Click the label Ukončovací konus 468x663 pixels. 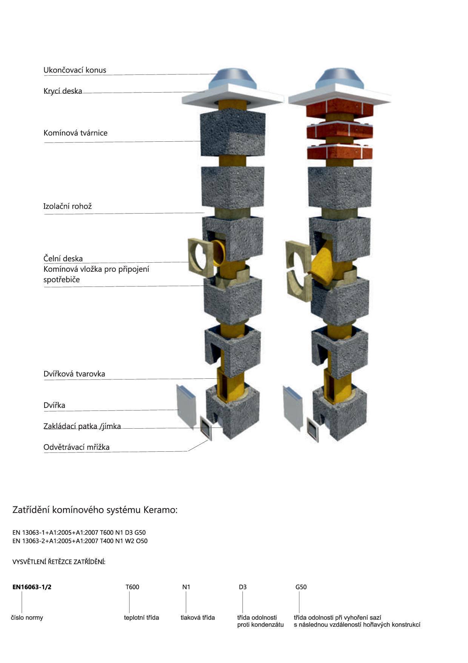(x=75, y=70)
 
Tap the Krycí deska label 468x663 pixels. (x=63, y=91)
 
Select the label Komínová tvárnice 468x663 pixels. (x=75, y=133)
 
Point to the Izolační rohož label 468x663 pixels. (x=68, y=206)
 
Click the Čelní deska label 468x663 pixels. (x=63, y=259)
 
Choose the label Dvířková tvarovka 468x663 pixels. (x=74, y=374)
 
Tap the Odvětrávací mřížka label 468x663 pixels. (x=77, y=447)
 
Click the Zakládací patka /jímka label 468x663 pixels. (x=82, y=426)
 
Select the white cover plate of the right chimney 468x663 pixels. (x=339, y=96)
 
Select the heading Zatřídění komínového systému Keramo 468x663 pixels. (x=95, y=510)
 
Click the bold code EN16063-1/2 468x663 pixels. (x=32, y=587)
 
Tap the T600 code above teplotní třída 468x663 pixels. (x=132, y=587)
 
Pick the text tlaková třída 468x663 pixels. (x=198, y=618)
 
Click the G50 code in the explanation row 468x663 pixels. (x=301, y=587)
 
